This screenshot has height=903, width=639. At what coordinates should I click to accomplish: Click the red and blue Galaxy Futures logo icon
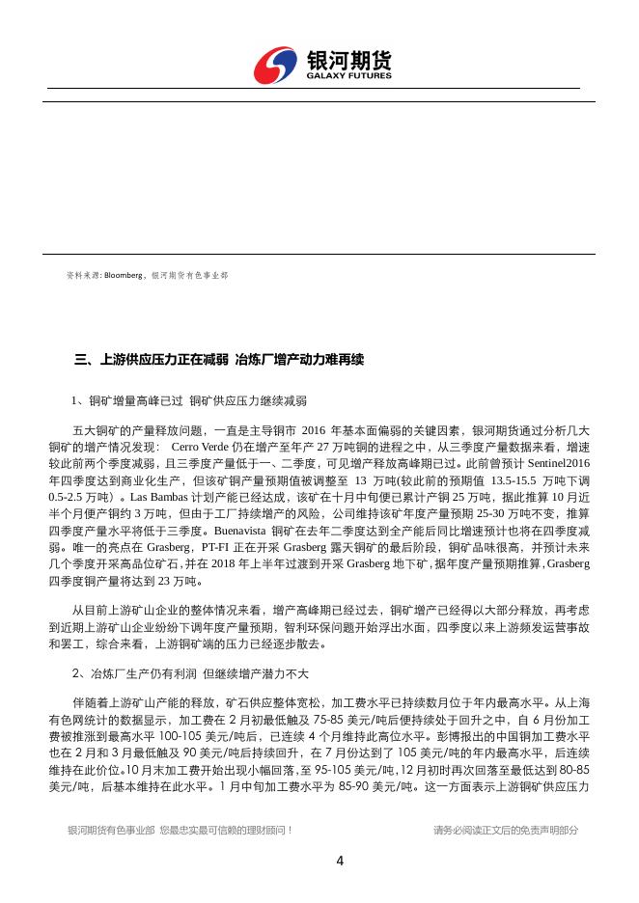click(x=277, y=66)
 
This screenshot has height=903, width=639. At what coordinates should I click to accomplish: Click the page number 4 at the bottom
click(x=340, y=862)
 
